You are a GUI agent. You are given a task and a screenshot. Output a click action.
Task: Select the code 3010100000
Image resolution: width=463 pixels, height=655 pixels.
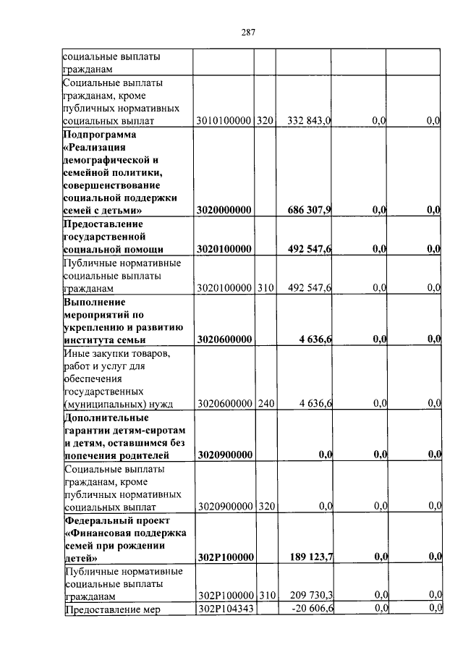coord(224,122)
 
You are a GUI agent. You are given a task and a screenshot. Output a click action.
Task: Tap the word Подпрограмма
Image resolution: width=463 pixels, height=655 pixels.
coord(99,135)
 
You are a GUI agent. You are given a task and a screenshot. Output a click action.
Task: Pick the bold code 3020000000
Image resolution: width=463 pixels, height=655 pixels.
coord(224,211)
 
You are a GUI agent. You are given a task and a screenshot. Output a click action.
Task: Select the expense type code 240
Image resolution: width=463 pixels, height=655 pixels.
coord(266,403)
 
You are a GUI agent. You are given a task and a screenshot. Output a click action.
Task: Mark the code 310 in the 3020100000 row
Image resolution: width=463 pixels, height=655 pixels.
coord(266,288)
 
